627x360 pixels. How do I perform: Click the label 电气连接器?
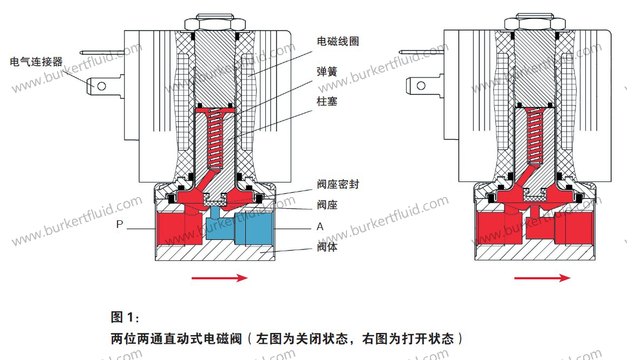(x=37, y=62)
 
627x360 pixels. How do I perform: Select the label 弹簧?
(x=327, y=71)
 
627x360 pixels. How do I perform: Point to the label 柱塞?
(x=327, y=101)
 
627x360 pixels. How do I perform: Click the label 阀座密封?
(x=338, y=185)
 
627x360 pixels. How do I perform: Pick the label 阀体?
(x=327, y=248)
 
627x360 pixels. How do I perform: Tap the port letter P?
(x=120, y=225)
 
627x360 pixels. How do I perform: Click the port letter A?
(x=320, y=226)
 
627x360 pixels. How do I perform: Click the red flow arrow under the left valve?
(x=219, y=278)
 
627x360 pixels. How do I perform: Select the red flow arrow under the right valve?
(x=541, y=278)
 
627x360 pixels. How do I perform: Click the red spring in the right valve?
(x=535, y=135)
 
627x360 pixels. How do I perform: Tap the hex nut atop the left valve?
(x=214, y=24)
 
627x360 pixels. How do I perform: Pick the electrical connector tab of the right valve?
(x=419, y=85)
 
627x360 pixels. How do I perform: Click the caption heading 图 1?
(x=125, y=316)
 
